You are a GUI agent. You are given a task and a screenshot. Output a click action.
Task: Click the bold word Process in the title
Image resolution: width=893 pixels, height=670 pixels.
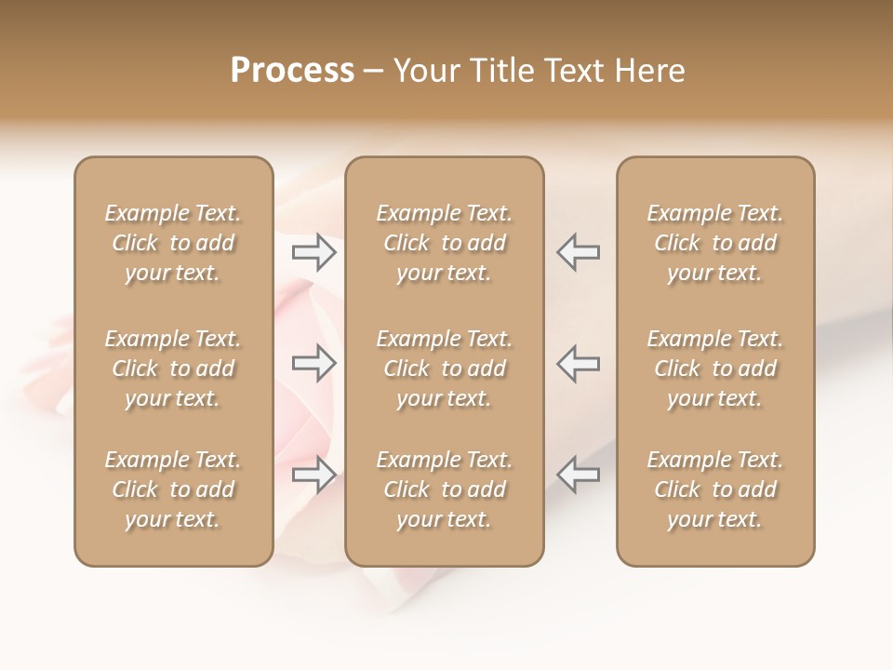[292, 71]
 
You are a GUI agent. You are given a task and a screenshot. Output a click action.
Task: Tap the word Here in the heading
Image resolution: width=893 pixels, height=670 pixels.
[649, 71]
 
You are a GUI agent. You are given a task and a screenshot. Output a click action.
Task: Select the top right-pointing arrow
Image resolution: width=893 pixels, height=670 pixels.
[314, 252]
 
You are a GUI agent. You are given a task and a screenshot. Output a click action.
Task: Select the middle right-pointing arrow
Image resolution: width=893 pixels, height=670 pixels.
[314, 363]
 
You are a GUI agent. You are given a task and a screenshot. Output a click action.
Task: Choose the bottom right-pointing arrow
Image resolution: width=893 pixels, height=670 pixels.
[314, 475]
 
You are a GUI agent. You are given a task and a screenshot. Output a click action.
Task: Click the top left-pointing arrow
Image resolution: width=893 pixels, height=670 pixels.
[578, 252]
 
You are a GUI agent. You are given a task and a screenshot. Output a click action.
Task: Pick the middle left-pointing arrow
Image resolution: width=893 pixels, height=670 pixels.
[578, 363]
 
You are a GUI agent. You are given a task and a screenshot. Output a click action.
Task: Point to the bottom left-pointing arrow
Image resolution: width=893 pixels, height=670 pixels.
[578, 475]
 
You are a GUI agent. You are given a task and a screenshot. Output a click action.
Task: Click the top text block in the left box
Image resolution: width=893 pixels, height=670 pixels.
[173, 243]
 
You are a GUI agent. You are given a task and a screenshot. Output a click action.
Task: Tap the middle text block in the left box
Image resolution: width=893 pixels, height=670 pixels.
[173, 368]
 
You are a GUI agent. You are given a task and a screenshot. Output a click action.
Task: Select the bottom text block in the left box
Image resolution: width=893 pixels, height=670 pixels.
[173, 489]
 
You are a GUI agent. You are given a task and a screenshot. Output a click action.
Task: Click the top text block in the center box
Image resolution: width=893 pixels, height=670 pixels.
[444, 243]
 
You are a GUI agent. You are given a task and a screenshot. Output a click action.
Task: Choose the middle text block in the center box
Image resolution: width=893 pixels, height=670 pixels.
[444, 368]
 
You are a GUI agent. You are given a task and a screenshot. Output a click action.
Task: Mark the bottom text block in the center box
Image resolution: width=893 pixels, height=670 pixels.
[444, 489]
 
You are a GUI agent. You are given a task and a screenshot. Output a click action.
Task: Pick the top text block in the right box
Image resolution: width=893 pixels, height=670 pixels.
[715, 243]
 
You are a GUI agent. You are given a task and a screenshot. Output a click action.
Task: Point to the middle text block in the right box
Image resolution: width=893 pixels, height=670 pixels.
[715, 368]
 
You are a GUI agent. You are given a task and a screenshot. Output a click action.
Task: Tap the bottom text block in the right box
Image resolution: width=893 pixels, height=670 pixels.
[715, 489]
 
